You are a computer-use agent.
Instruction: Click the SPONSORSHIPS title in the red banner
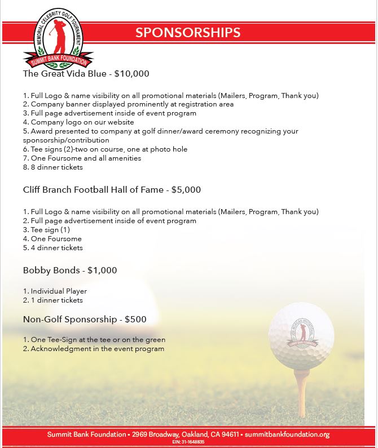tap(188, 33)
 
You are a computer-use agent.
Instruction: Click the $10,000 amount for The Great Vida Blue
tap(131, 73)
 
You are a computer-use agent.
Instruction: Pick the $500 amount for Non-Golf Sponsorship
tap(135, 320)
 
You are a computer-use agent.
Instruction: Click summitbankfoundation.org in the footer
tap(287, 434)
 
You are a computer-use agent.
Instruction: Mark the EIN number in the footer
tap(188, 442)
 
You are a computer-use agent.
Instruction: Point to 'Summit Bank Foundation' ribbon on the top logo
tap(59, 61)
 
